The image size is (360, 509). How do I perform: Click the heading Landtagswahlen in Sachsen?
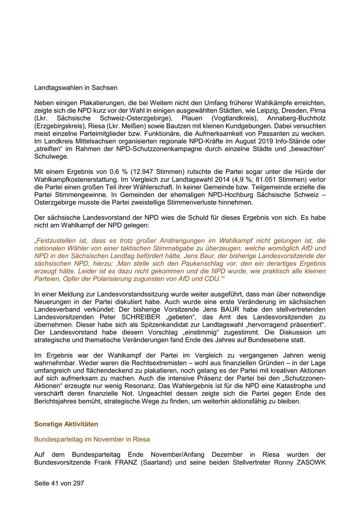click(x=76, y=88)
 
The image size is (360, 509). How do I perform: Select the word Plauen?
click(x=192, y=118)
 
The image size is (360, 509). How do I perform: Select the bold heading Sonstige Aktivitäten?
click(x=66, y=424)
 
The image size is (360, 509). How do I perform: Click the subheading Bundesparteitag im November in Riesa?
click(x=92, y=439)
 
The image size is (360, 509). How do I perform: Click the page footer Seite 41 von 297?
click(x=59, y=483)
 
